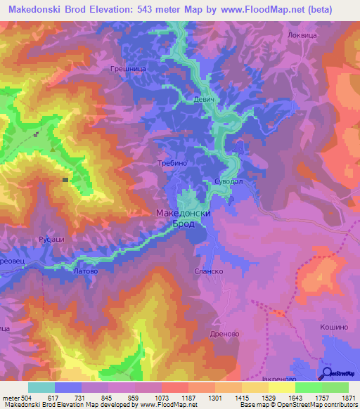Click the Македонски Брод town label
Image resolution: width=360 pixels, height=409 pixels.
[x=182, y=219]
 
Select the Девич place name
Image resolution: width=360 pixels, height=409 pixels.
[x=202, y=100]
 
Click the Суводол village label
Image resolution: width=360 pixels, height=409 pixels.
[x=228, y=181]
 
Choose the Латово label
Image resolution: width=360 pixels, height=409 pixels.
[x=85, y=269]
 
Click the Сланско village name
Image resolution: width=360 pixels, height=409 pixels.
[x=208, y=270]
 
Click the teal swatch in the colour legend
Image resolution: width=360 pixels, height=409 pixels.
[x=41, y=387]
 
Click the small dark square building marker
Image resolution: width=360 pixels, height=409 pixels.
[x=65, y=180]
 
